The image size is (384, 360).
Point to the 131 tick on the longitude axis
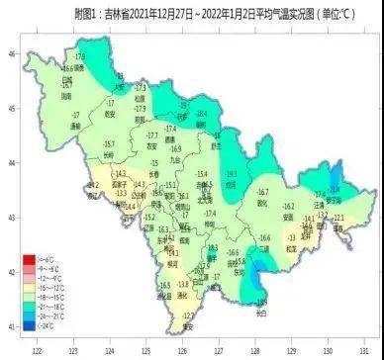363,349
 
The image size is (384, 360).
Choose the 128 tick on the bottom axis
254,349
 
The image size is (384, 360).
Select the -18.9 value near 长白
260,302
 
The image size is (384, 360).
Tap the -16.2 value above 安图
288,207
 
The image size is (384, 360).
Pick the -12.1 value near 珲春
338,217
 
